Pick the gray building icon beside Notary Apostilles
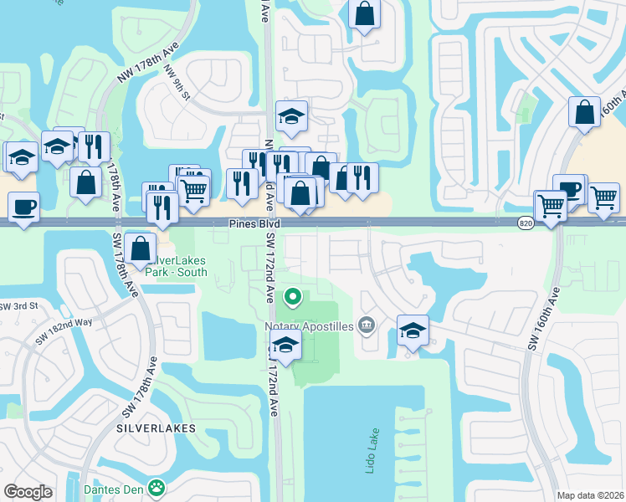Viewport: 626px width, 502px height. (x=367, y=324)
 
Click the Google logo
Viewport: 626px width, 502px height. (x=28, y=492)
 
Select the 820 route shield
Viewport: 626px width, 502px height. (x=526, y=223)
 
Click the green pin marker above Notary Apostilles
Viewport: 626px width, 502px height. (x=293, y=296)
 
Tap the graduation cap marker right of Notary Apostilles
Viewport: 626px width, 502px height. (x=413, y=330)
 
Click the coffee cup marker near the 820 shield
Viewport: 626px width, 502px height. (x=569, y=190)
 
